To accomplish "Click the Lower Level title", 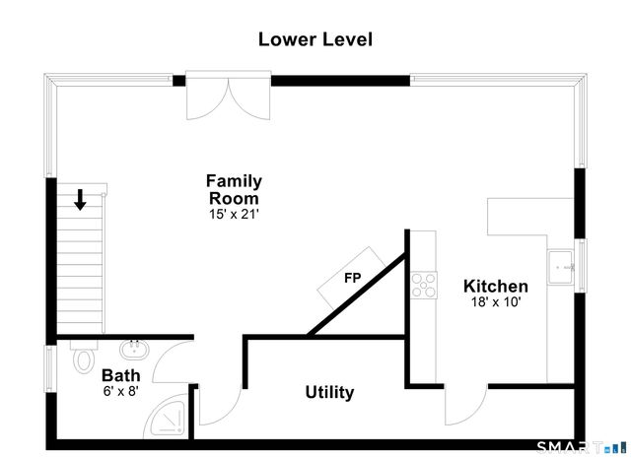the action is [x=315, y=39].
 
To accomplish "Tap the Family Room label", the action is [x=234, y=189].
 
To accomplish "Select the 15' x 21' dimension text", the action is [x=234, y=215].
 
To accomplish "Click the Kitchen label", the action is [x=496, y=286].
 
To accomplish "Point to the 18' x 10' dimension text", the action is [x=496, y=301].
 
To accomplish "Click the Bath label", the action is [x=121, y=375].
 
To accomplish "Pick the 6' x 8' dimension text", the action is [x=121, y=390].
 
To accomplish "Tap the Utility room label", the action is [x=329, y=392].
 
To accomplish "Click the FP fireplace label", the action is [x=353, y=278].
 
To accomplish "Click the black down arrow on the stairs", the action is [x=80, y=199].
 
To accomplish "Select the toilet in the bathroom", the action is [x=83, y=357].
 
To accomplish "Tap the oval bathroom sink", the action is [x=134, y=350].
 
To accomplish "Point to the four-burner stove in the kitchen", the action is [x=424, y=285].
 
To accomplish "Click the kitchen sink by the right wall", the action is [x=561, y=267].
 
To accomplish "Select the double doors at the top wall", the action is [x=228, y=97].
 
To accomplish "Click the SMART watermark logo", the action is [x=582, y=447].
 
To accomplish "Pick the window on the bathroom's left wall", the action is [x=49, y=368].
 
